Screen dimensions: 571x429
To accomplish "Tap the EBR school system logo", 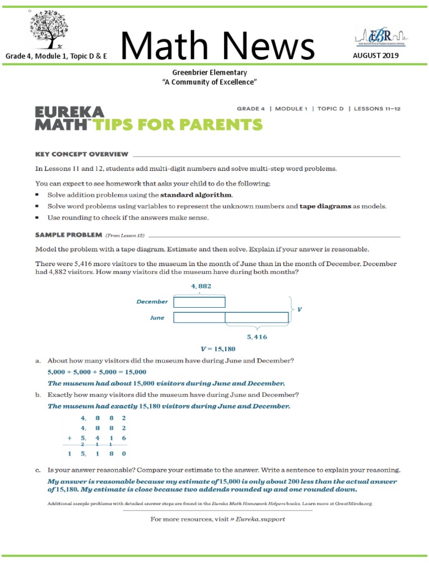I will pos(380,37).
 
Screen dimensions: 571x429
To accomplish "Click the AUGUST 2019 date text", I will pos(375,56).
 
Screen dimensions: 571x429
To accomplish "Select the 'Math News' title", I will pos(217,47).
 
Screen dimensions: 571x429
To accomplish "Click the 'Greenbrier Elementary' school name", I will pos(209,72).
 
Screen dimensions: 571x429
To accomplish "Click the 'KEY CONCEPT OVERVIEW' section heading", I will pos(82,154).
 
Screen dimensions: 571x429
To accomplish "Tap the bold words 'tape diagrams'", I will pos(326,206).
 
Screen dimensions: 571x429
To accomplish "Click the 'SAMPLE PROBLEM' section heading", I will pos(69,235).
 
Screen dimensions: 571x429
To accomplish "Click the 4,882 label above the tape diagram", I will pos(201,286).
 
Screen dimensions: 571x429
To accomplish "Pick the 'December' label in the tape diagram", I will pos(152,302).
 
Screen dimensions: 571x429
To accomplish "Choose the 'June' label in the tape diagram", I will pos(157,317).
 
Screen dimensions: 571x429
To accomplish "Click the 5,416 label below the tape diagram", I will pos(256,337).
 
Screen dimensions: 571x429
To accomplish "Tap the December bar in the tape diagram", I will pos(199,302).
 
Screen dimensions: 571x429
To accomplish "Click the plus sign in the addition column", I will pos(70,439).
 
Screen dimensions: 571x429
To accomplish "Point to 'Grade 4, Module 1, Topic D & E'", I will pos(56,56).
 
